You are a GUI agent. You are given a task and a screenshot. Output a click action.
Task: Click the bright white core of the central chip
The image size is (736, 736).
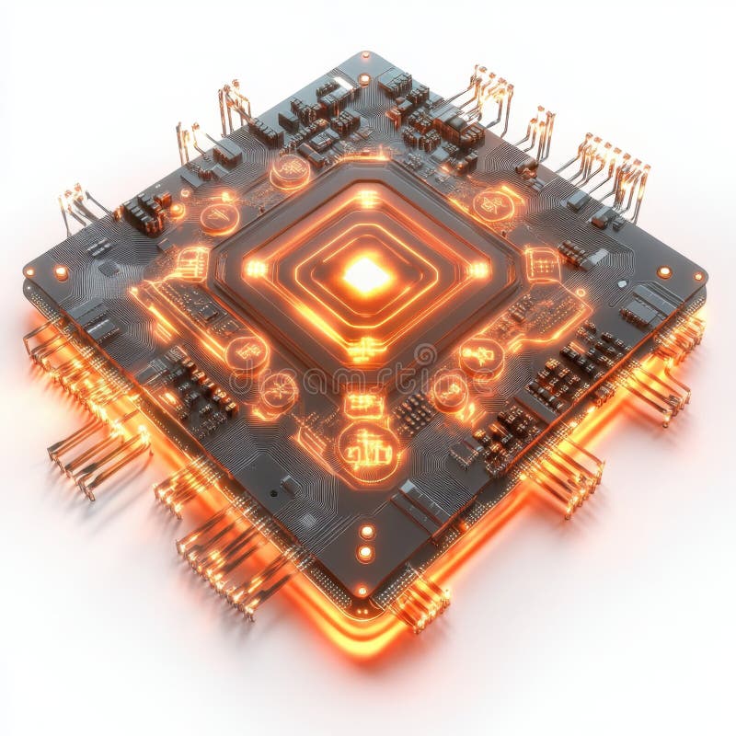click(366, 274)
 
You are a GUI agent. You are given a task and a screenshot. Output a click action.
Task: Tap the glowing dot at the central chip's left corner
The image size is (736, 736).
click(255, 270)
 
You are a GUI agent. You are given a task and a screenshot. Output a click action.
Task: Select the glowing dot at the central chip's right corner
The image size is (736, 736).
click(478, 270)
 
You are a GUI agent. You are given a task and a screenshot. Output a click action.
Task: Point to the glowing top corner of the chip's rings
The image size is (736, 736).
click(367, 198)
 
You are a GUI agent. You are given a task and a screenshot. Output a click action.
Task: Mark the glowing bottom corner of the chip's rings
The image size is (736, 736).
click(366, 347)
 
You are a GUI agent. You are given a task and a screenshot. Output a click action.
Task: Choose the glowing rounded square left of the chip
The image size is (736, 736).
click(191, 263)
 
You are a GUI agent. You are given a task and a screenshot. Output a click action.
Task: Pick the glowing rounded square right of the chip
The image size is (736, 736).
click(542, 264)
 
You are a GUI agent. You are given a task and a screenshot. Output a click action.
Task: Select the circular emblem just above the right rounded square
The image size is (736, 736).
click(494, 205)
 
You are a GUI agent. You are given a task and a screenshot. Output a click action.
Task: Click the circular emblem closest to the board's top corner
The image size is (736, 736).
click(290, 170)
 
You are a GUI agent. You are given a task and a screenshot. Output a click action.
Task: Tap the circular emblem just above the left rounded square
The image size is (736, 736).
click(219, 217)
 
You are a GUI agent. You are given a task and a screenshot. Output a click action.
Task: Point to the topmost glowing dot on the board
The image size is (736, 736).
click(365, 79)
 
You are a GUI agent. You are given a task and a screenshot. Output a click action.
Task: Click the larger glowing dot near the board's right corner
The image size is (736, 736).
click(663, 272)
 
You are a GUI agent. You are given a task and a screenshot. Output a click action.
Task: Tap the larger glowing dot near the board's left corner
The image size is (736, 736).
click(61, 272)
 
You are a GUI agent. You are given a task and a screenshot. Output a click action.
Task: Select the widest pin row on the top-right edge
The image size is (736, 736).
click(612, 175)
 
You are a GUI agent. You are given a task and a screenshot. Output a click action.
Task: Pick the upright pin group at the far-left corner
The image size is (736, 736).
click(77, 207)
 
